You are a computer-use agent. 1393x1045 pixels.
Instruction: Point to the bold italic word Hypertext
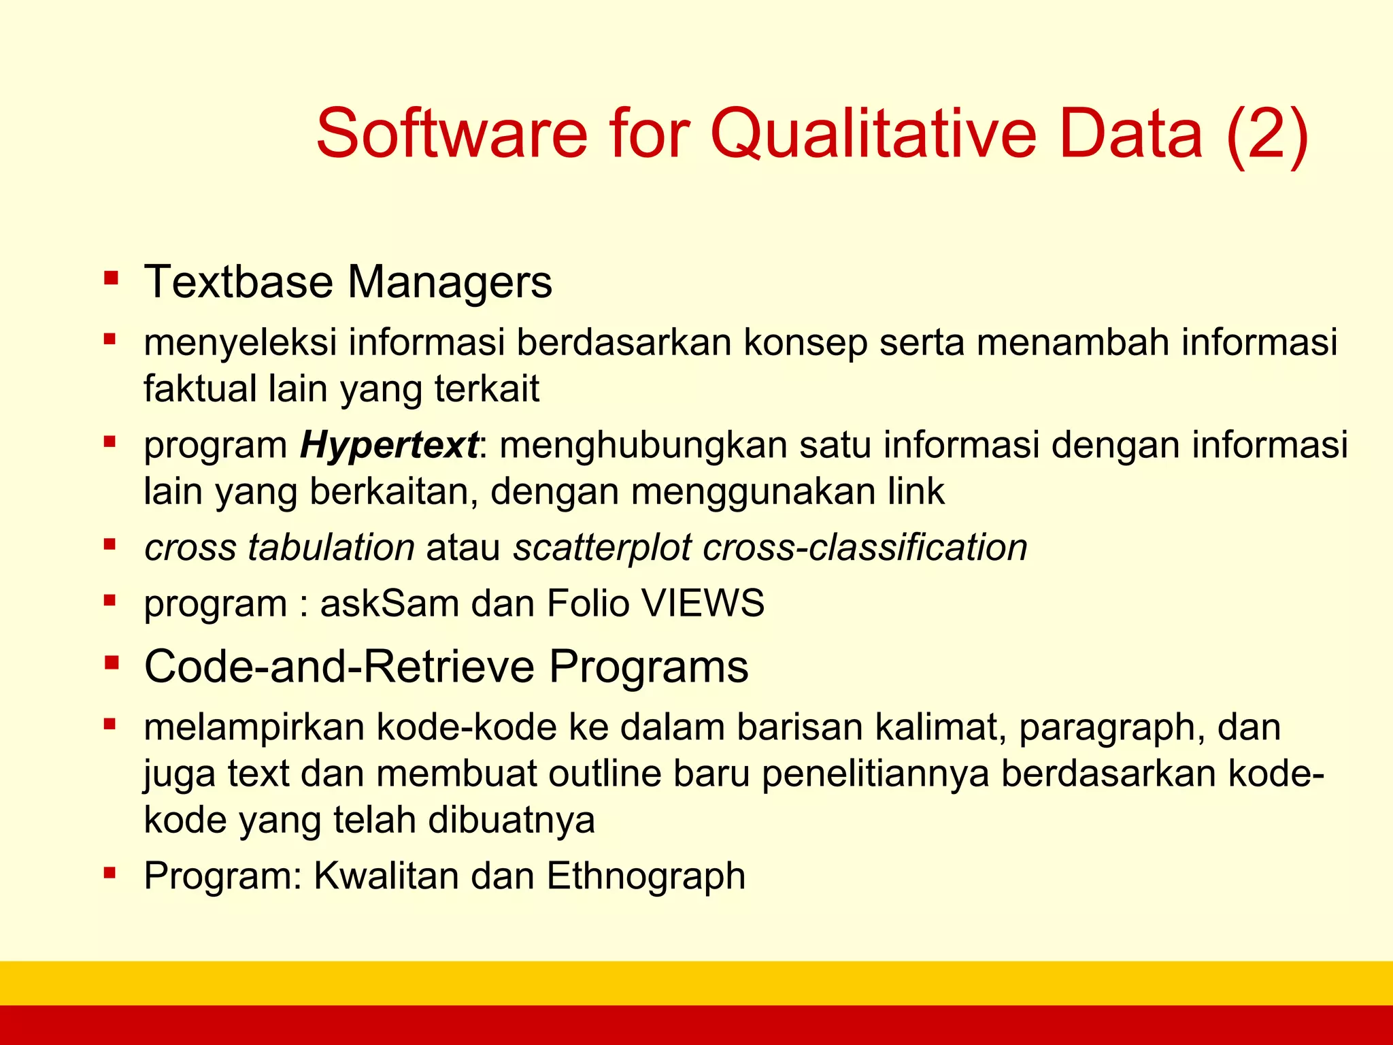[x=389, y=446]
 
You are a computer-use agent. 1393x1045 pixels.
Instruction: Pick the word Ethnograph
[x=646, y=876]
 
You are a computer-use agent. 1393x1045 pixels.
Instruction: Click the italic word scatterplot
[x=602, y=548]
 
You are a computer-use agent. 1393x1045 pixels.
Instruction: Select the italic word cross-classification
[x=865, y=548]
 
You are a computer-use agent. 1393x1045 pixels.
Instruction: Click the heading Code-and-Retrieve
[x=339, y=666]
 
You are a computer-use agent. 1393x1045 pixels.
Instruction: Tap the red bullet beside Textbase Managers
[x=111, y=278]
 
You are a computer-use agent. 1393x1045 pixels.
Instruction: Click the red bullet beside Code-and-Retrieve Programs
[x=112, y=663]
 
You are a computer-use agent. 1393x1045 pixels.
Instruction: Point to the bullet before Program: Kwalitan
[x=110, y=872]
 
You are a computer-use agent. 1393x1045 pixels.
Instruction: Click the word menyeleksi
[x=240, y=342]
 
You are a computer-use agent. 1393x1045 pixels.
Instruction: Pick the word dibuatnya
[x=511, y=820]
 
